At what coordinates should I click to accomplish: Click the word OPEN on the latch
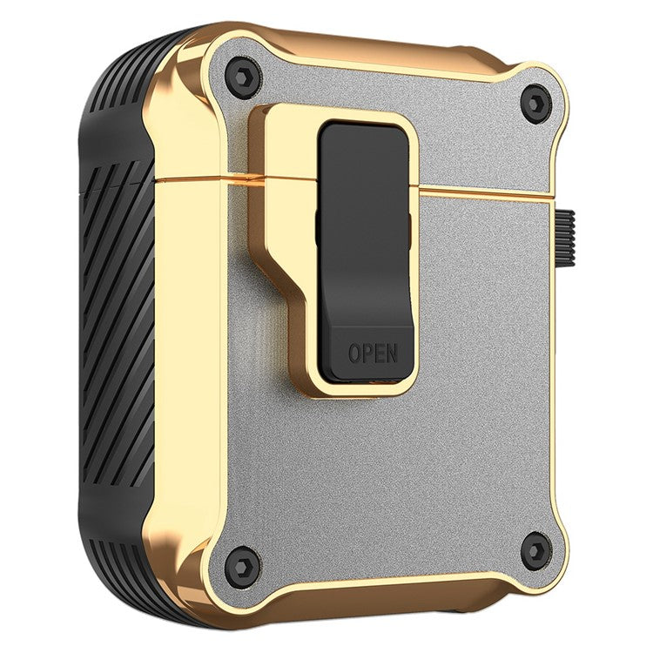pyautogui.click(x=373, y=353)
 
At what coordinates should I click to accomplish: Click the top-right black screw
pyautogui.click(x=535, y=104)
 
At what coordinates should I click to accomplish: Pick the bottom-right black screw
pyautogui.click(x=535, y=550)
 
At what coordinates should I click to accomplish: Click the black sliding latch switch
pyautogui.click(x=366, y=244)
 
